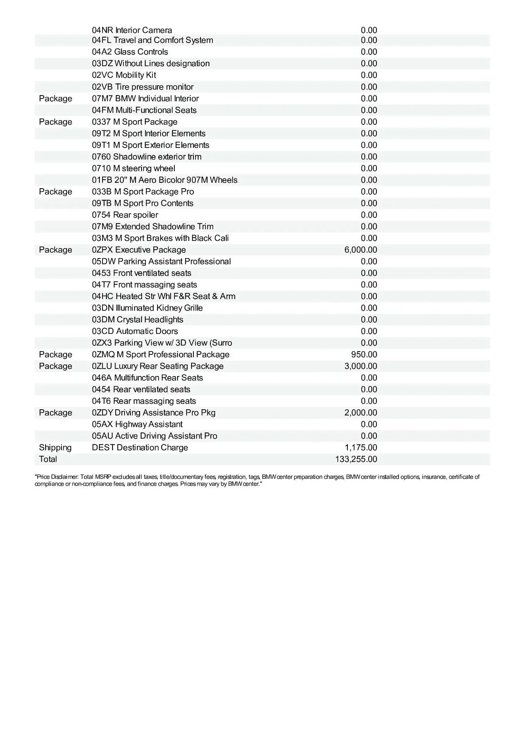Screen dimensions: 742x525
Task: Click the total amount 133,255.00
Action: [356, 459]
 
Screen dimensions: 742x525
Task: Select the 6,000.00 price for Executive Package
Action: [361, 250]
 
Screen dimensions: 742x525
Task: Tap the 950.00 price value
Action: [364, 354]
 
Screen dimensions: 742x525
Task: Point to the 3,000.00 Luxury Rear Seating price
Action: [361, 366]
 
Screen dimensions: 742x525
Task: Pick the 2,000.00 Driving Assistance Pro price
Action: [361, 413]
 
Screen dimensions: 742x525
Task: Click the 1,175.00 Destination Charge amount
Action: [361, 448]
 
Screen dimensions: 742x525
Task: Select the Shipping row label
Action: [55, 448]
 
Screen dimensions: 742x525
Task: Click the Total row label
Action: [48, 459]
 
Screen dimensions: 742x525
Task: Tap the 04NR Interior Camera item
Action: [132, 30]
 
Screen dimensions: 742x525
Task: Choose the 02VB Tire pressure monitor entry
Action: [143, 87]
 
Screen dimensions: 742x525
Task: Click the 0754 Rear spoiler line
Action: [125, 215]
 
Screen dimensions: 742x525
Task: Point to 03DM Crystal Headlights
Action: [137, 320]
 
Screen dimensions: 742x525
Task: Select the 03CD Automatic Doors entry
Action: [135, 331]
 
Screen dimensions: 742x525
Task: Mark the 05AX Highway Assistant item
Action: [137, 424]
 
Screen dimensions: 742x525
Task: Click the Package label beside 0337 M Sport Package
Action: [55, 122]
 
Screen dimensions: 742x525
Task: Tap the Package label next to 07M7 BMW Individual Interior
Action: [55, 99]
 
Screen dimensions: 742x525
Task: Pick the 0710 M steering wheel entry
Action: [133, 168]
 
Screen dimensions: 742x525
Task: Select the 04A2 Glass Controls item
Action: [130, 52]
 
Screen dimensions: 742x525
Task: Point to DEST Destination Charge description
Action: [140, 448]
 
